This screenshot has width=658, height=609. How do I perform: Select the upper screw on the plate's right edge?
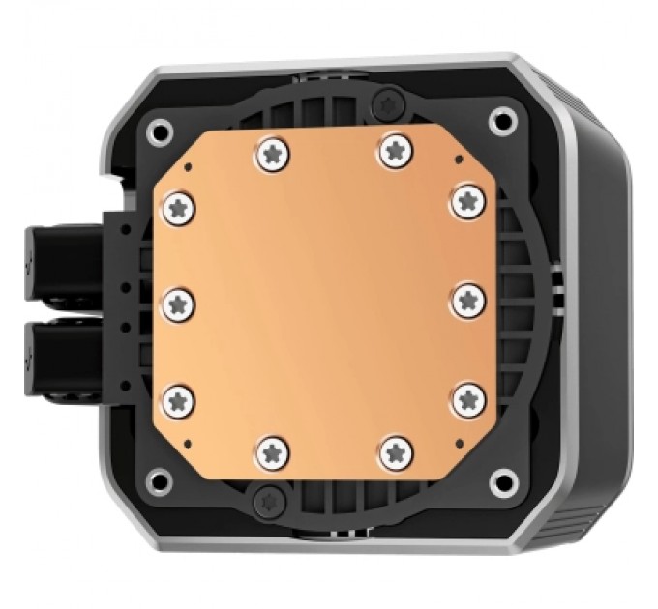468,200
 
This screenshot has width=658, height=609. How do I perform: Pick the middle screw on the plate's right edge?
468,300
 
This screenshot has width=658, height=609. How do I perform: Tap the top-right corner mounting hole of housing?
500,120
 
